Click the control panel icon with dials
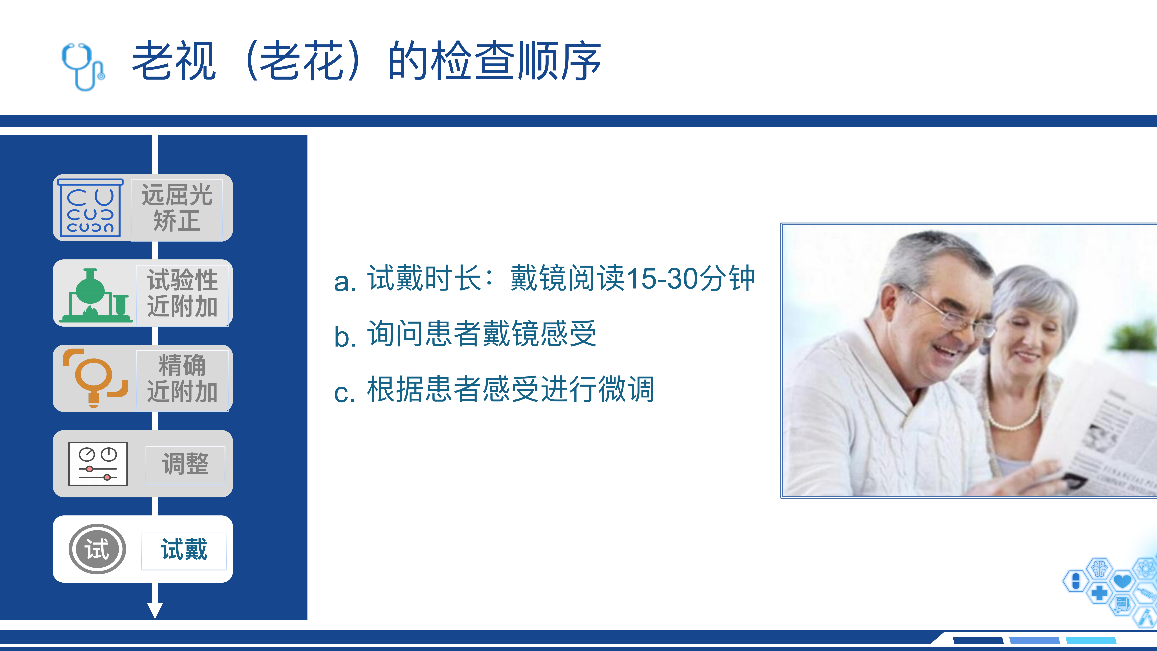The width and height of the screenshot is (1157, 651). coord(98,464)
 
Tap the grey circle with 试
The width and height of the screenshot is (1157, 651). coord(97,549)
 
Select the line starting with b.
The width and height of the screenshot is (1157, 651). coord(465,334)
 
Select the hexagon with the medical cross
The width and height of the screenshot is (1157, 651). coord(1099,593)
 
